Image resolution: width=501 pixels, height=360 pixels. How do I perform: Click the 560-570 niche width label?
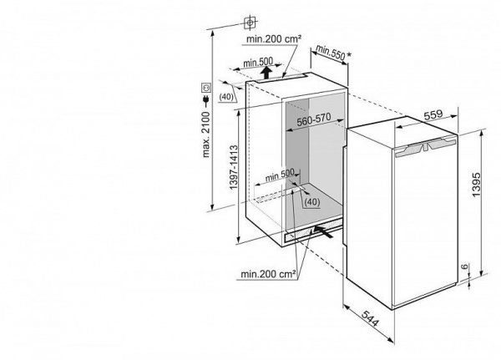tap(314, 119)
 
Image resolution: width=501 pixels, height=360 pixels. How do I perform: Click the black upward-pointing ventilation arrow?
tap(266, 73)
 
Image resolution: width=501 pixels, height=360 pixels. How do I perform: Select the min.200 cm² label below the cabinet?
tap(268, 273)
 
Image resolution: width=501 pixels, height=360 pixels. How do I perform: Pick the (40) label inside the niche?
tap(311, 202)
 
